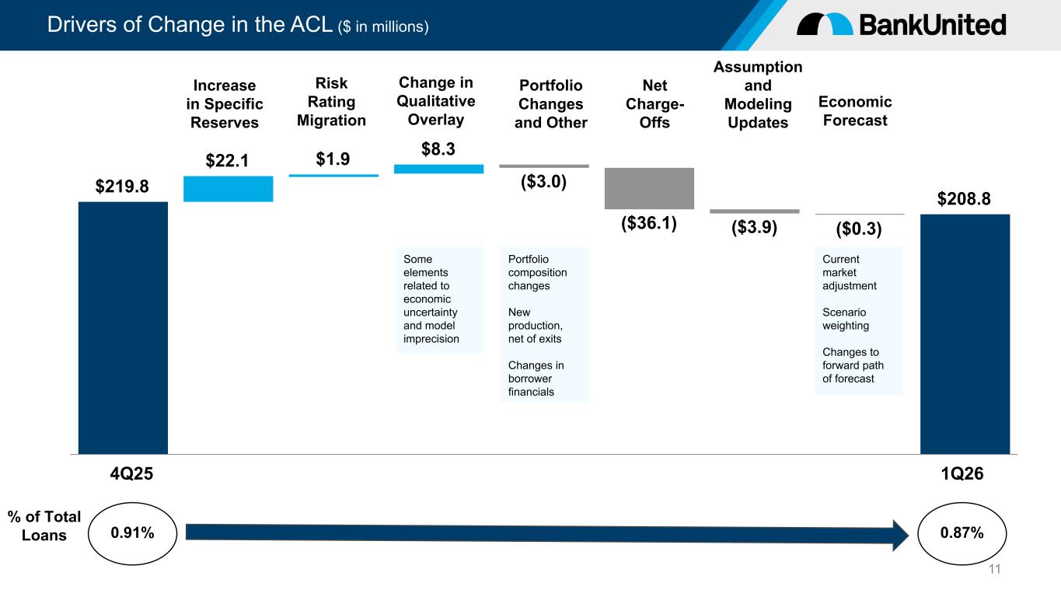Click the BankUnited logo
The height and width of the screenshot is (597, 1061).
click(901, 24)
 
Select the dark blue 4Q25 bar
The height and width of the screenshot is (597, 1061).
click(123, 328)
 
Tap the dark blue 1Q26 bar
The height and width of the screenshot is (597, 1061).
click(965, 334)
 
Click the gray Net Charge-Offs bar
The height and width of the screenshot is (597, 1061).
click(649, 188)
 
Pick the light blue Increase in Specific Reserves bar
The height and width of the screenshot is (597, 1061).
click(229, 189)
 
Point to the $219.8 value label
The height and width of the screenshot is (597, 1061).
click(122, 187)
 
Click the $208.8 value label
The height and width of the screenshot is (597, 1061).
click(964, 198)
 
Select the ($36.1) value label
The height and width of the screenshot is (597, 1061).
click(649, 222)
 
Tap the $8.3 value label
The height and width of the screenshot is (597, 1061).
click(438, 148)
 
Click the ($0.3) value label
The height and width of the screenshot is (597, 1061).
click(859, 229)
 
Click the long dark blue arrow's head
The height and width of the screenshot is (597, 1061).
click(900, 536)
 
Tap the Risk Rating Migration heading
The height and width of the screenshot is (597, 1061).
click(332, 101)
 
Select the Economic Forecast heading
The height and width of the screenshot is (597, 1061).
click(855, 111)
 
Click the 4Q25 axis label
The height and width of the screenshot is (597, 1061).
click(131, 473)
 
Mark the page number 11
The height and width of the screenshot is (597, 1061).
click(995, 569)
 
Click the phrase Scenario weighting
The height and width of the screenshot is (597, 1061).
click(846, 319)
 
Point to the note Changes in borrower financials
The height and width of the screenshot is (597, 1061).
click(536, 379)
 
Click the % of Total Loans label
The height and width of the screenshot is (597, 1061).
click(44, 526)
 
